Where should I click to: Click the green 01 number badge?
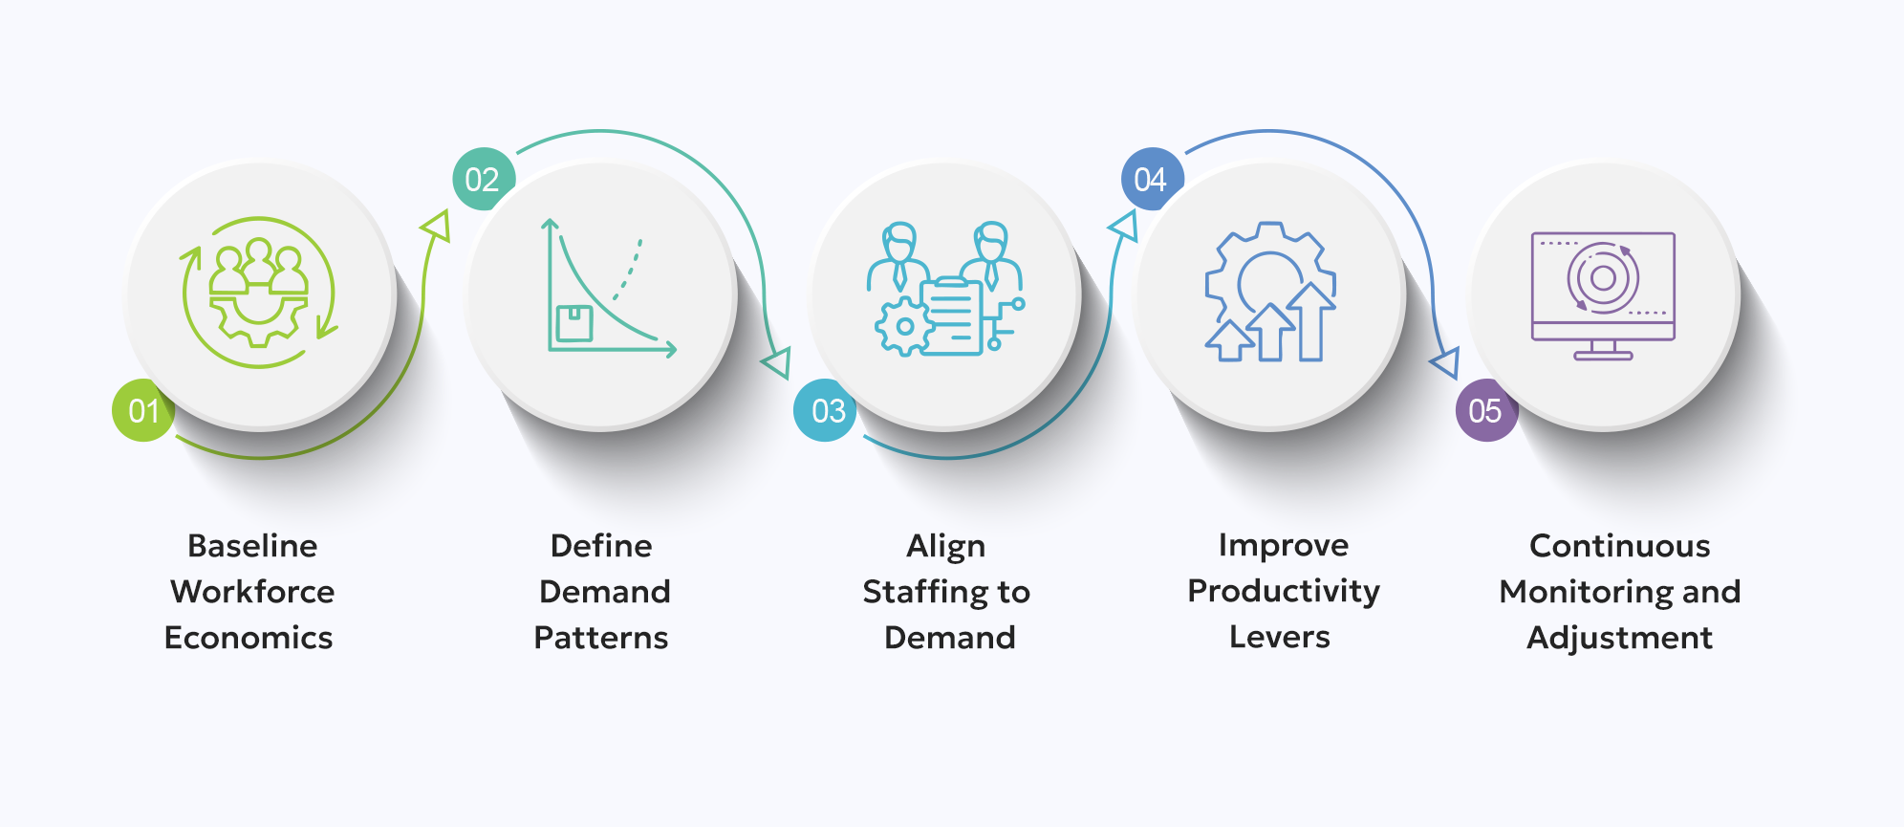point(143,410)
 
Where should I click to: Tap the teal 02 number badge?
point(483,179)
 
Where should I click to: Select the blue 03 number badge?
point(826,410)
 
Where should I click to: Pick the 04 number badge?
point(1151,179)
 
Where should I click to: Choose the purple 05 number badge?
point(1485,410)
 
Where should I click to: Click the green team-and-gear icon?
point(259,293)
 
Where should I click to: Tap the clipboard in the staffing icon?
point(952,316)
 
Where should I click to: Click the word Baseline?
point(252,546)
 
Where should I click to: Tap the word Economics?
point(249,638)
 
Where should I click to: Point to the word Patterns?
point(601,638)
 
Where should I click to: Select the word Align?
point(946,547)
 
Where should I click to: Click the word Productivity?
point(1284,592)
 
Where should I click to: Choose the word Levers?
point(1280,637)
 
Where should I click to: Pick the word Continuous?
point(1620,546)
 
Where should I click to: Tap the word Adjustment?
point(1620,638)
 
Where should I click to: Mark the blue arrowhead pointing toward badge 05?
point(1445,362)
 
